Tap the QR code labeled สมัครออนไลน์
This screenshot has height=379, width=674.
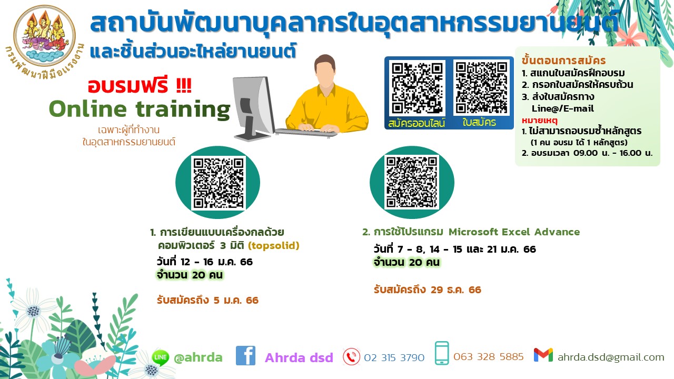(x=417, y=87)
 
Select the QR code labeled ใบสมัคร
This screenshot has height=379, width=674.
(x=481, y=87)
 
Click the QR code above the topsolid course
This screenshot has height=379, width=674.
(x=219, y=183)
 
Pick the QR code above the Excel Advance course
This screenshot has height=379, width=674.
(x=412, y=182)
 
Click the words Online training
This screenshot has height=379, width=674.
(x=140, y=109)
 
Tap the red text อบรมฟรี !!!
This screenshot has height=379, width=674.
(x=140, y=85)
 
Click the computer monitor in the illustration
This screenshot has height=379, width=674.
(x=253, y=108)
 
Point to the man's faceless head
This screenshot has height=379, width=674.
(x=325, y=71)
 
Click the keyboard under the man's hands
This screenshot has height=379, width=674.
(x=306, y=132)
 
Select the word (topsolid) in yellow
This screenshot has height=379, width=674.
(x=273, y=245)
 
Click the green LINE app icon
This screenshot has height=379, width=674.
(x=161, y=357)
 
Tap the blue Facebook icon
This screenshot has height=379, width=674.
(x=245, y=355)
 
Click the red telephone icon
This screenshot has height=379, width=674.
(x=351, y=357)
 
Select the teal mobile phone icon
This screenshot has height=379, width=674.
(x=442, y=353)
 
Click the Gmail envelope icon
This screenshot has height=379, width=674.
(x=543, y=355)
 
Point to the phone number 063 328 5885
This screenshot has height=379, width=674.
(x=489, y=357)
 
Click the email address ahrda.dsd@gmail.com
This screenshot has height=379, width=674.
(x=611, y=357)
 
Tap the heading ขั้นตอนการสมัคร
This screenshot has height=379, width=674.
(x=563, y=61)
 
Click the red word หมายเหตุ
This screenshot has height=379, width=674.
(x=540, y=121)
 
